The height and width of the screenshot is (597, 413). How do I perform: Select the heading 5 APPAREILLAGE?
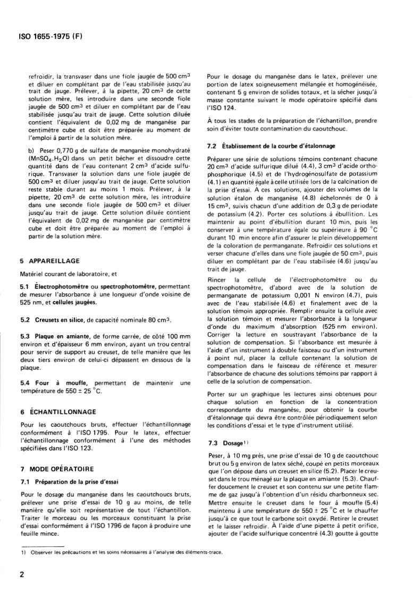click(x=49, y=261)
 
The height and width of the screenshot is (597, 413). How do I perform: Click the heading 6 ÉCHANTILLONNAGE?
click(x=58, y=411)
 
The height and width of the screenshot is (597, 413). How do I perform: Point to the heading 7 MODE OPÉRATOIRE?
click(x=56, y=469)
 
